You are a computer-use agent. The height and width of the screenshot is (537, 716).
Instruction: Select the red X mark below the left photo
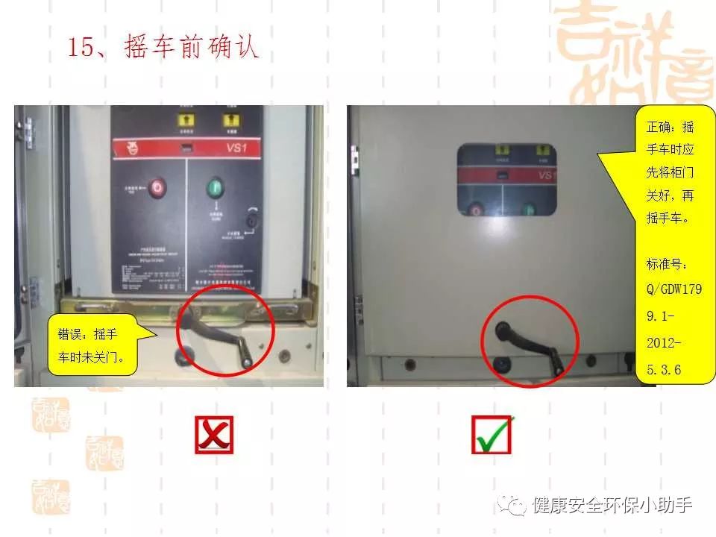(214, 435)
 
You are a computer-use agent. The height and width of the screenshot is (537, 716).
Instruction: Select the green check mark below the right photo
(492, 435)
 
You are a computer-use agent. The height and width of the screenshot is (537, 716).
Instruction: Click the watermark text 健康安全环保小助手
(612, 506)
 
